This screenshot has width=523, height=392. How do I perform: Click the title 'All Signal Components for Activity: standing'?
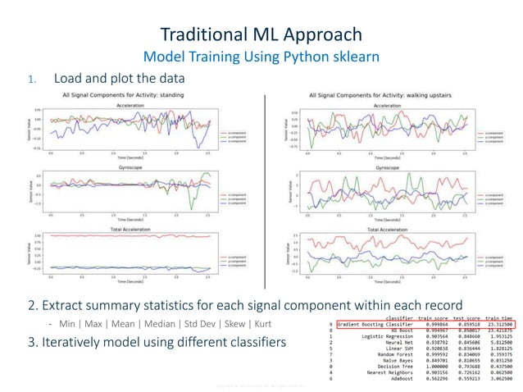coord(134,96)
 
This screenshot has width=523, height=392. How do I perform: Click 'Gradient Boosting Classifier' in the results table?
coord(376,324)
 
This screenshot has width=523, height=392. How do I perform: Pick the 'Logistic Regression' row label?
coord(386,337)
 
